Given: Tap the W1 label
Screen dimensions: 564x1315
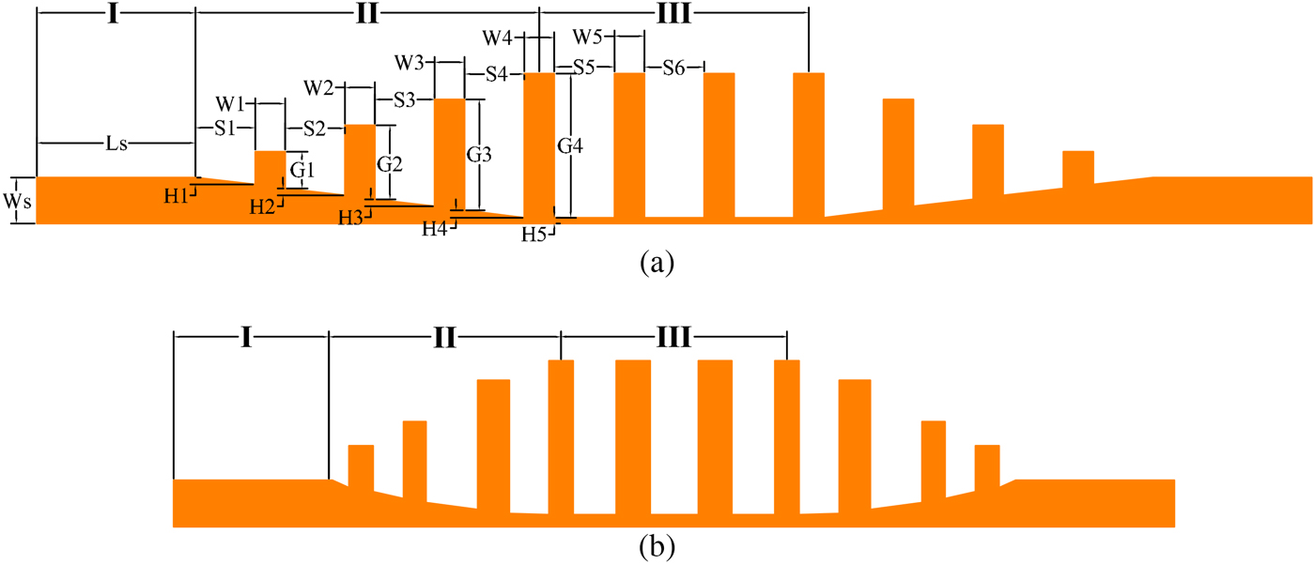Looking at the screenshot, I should (x=230, y=101).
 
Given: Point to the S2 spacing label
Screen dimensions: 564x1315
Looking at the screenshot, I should (x=315, y=128).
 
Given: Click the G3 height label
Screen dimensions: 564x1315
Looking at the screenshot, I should (x=479, y=153).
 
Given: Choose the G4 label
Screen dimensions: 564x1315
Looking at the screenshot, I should (x=570, y=145).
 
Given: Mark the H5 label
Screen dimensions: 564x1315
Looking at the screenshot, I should (x=534, y=234).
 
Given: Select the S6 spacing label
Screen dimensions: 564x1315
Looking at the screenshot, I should (x=673, y=68).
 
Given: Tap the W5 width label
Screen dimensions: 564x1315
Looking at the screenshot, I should (x=588, y=38).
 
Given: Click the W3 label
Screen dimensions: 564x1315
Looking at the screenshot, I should (x=410, y=63).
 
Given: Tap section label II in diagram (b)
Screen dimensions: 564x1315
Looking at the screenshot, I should (x=444, y=336).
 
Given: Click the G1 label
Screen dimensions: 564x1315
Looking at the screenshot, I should (x=302, y=170).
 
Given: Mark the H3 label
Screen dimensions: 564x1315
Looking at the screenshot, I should (x=351, y=217).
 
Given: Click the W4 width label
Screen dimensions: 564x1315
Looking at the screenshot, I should (x=499, y=38).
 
